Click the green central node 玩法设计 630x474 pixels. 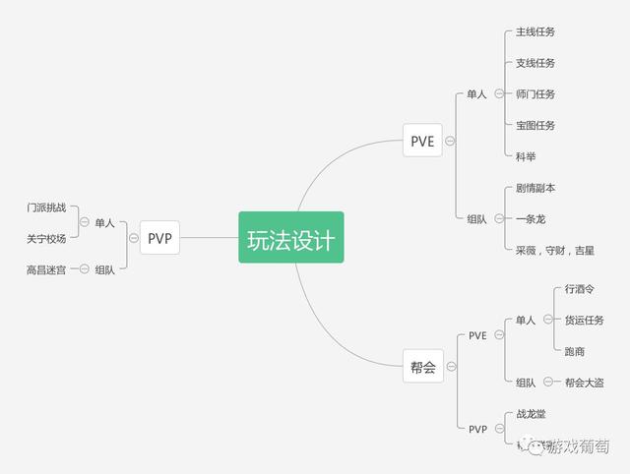pyautogui.click(x=290, y=237)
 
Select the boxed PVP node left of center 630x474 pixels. pyautogui.click(x=159, y=237)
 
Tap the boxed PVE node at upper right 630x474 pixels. pyautogui.click(x=422, y=141)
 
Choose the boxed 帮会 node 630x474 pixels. pyautogui.click(x=422, y=368)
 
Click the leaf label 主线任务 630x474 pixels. pyautogui.click(x=535, y=31)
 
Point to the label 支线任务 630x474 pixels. pyautogui.click(x=535, y=63)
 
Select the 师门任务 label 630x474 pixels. pyautogui.click(x=535, y=94)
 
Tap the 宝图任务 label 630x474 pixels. pyautogui.click(x=535, y=126)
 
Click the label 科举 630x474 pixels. pyautogui.click(x=526, y=157)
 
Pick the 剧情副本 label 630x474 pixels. pyautogui.click(x=535, y=188)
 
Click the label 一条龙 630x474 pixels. pyautogui.click(x=531, y=219)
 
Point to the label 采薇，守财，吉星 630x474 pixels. pyautogui.click(x=555, y=251)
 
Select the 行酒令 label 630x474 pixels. pyautogui.click(x=580, y=289)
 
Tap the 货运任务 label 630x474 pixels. pyautogui.click(x=585, y=320)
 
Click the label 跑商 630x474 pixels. pyautogui.click(x=575, y=351)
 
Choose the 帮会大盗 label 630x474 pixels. pyautogui.click(x=585, y=383)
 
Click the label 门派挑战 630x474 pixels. pyautogui.click(x=47, y=207)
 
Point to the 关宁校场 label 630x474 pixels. pyautogui.click(x=47, y=239)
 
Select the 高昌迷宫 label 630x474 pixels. pyautogui.click(x=47, y=269)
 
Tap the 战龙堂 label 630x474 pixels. pyautogui.click(x=531, y=414)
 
